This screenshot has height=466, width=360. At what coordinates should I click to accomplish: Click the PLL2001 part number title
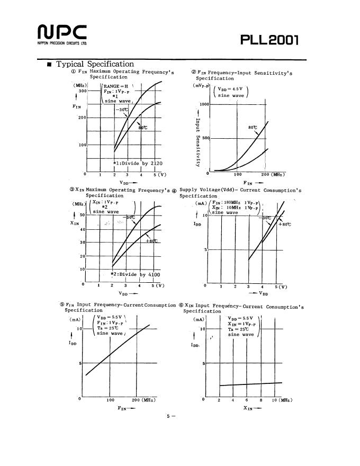click(269, 40)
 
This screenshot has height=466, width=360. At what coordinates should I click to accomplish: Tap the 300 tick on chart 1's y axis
click(82, 91)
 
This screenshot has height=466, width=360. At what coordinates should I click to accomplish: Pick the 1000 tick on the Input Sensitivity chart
click(204, 104)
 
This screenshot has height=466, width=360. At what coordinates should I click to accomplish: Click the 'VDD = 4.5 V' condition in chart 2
click(230, 89)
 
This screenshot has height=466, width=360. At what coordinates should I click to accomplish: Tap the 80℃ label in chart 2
click(252, 128)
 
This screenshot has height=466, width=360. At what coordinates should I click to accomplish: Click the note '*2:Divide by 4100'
click(135, 274)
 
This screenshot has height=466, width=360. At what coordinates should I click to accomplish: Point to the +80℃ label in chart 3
click(151, 241)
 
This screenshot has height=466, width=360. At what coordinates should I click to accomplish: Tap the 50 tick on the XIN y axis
click(82, 214)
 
